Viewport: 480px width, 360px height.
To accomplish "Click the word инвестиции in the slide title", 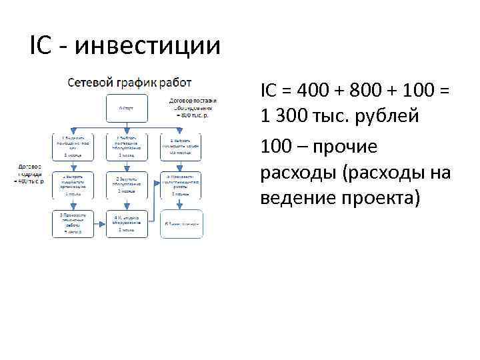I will (x=147, y=46).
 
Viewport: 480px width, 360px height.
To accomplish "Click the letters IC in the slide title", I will (x=42, y=46).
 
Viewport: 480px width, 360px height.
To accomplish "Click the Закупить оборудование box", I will (x=127, y=185).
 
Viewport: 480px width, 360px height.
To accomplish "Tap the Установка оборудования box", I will (x=127, y=223).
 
